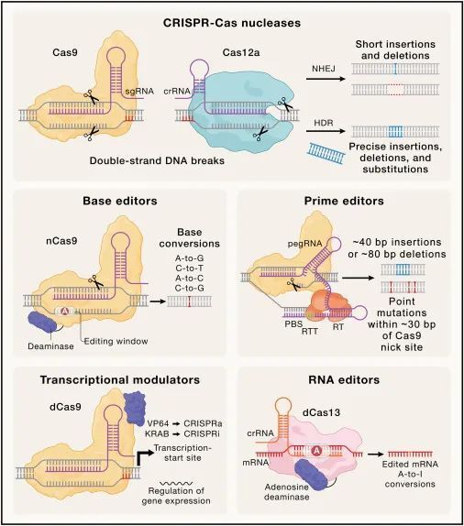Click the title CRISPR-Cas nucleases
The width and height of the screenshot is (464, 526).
point(231,19)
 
